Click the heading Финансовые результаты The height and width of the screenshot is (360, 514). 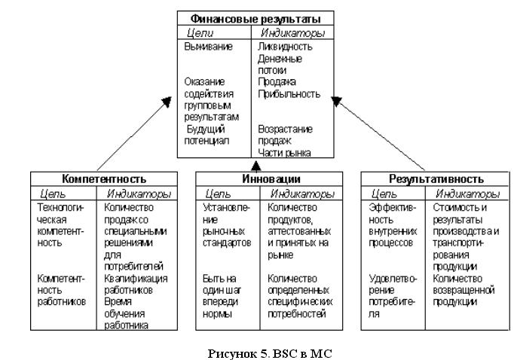tap(255, 19)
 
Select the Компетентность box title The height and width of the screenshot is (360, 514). tap(104, 179)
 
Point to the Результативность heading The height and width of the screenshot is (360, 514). tap(436, 179)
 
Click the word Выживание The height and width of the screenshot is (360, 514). tap(208, 47)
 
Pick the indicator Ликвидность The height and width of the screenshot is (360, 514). tap(285, 47)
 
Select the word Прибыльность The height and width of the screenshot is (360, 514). tap(289, 94)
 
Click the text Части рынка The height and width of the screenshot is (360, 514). tap(284, 153)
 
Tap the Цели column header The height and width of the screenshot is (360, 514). tap(200, 32)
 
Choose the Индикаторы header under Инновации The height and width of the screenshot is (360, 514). tap(302, 194)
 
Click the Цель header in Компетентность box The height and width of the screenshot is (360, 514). tap(53, 194)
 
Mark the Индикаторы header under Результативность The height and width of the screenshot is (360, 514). tap(467, 194)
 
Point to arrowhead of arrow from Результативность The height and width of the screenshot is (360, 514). tap(335, 100)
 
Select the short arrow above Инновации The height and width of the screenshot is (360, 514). tap(255, 166)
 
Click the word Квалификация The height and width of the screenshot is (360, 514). tap(136, 279)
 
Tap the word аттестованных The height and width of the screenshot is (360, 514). tap(299, 232)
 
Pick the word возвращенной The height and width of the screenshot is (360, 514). tap(464, 290)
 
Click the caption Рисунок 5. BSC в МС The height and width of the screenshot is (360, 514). tap(270, 353)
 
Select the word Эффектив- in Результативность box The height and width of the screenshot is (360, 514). tap(392, 208)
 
